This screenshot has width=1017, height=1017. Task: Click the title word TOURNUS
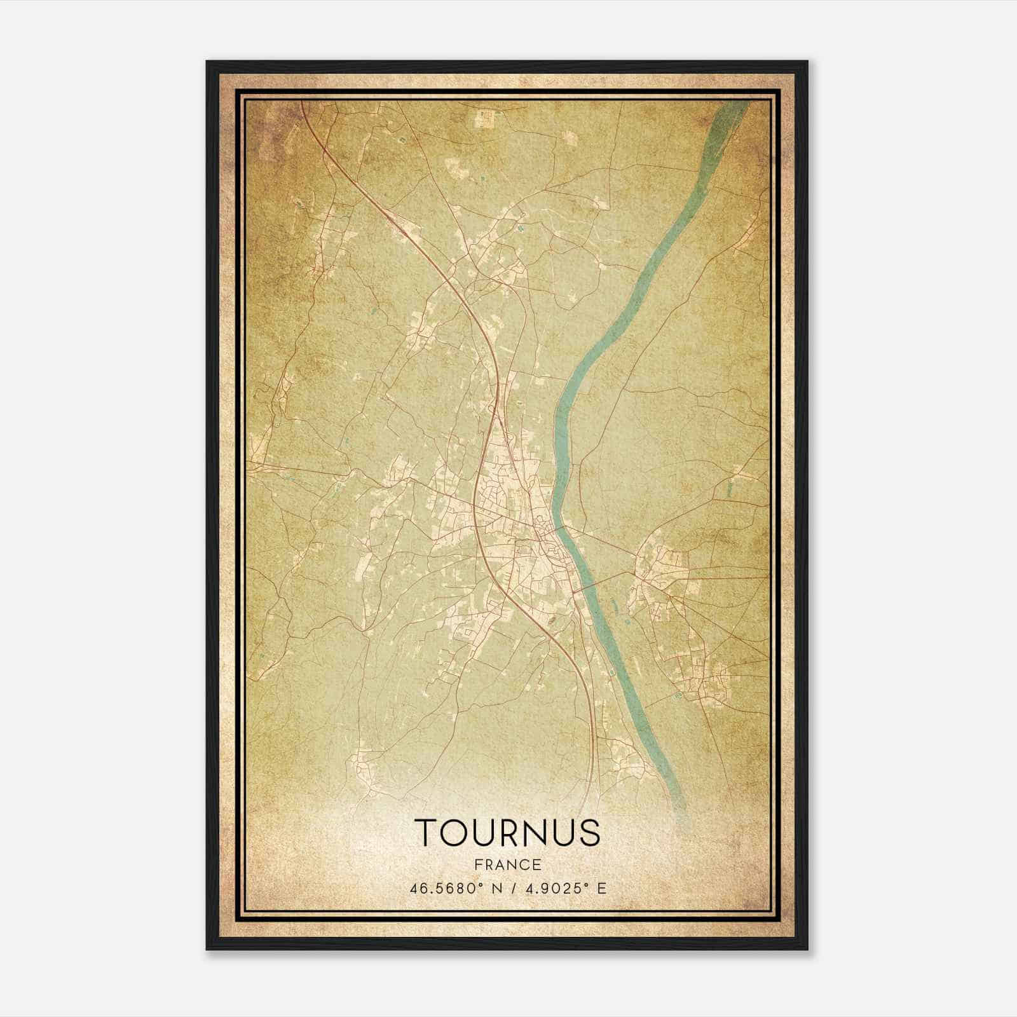pos(507,833)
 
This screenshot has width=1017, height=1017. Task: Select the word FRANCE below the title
pos(507,864)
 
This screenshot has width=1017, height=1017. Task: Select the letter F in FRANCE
pos(476,864)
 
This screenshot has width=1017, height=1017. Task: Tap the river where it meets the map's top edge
pos(737,104)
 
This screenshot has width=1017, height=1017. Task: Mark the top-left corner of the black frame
pos(207,62)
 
